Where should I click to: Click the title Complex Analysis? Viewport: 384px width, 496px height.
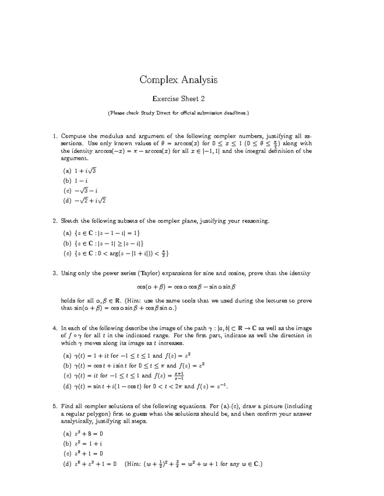click(178, 80)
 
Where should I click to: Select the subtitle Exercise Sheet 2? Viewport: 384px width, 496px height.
click(178, 99)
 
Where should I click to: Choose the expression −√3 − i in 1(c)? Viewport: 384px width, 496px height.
click(86, 191)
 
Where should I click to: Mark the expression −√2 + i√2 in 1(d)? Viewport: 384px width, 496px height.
click(90, 201)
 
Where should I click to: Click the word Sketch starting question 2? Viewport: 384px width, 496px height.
click(70, 221)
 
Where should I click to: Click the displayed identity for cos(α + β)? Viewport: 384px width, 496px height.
click(186, 287)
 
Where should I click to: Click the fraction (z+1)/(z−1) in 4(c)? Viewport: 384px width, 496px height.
click(179, 376)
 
